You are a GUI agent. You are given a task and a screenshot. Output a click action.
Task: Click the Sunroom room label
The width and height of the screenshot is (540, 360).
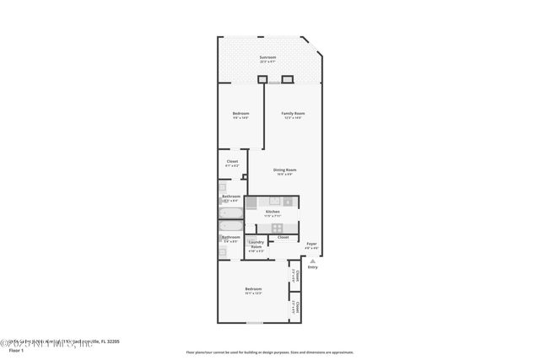(267, 58)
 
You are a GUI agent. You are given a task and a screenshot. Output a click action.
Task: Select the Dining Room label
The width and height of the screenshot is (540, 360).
(284, 169)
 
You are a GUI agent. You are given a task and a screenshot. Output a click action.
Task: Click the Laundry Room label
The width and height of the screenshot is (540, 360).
(256, 244)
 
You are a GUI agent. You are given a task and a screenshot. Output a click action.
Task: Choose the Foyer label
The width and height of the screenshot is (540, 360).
(311, 244)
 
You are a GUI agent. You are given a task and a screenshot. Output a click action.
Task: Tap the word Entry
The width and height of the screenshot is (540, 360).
(312, 267)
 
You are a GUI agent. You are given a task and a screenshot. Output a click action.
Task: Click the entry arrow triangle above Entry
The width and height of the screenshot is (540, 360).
(312, 261)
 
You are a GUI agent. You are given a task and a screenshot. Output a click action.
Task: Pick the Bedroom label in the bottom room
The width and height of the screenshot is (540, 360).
(252, 289)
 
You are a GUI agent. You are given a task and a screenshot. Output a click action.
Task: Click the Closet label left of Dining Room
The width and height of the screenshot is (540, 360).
(232, 161)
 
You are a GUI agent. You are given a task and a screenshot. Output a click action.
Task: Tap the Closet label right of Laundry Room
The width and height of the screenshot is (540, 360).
(283, 237)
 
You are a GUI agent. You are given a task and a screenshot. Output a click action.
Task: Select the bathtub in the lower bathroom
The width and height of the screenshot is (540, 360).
(231, 226)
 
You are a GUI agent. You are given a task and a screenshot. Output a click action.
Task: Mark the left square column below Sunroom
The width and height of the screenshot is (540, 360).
(262, 80)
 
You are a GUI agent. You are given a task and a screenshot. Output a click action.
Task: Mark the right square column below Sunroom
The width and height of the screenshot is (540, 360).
(287, 80)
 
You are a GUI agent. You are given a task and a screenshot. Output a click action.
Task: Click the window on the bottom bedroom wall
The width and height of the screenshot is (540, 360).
(254, 323)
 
